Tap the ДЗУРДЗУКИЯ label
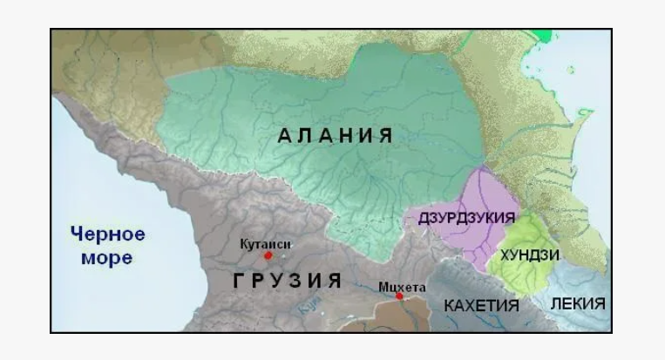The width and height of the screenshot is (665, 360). (466, 217)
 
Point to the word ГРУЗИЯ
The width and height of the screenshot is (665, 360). (287, 281)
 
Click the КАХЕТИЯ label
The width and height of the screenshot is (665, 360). (481, 306)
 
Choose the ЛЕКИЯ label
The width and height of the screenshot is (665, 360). (578, 303)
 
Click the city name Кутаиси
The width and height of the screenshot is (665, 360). (265, 243)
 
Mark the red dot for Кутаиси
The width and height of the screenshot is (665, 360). (268, 255)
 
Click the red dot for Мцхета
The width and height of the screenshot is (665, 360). (399, 296)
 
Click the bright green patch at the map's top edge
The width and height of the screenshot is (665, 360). (544, 35)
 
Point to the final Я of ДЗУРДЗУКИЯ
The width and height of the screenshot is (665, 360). (512, 217)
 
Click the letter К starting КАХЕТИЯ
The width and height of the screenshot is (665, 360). (449, 306)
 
